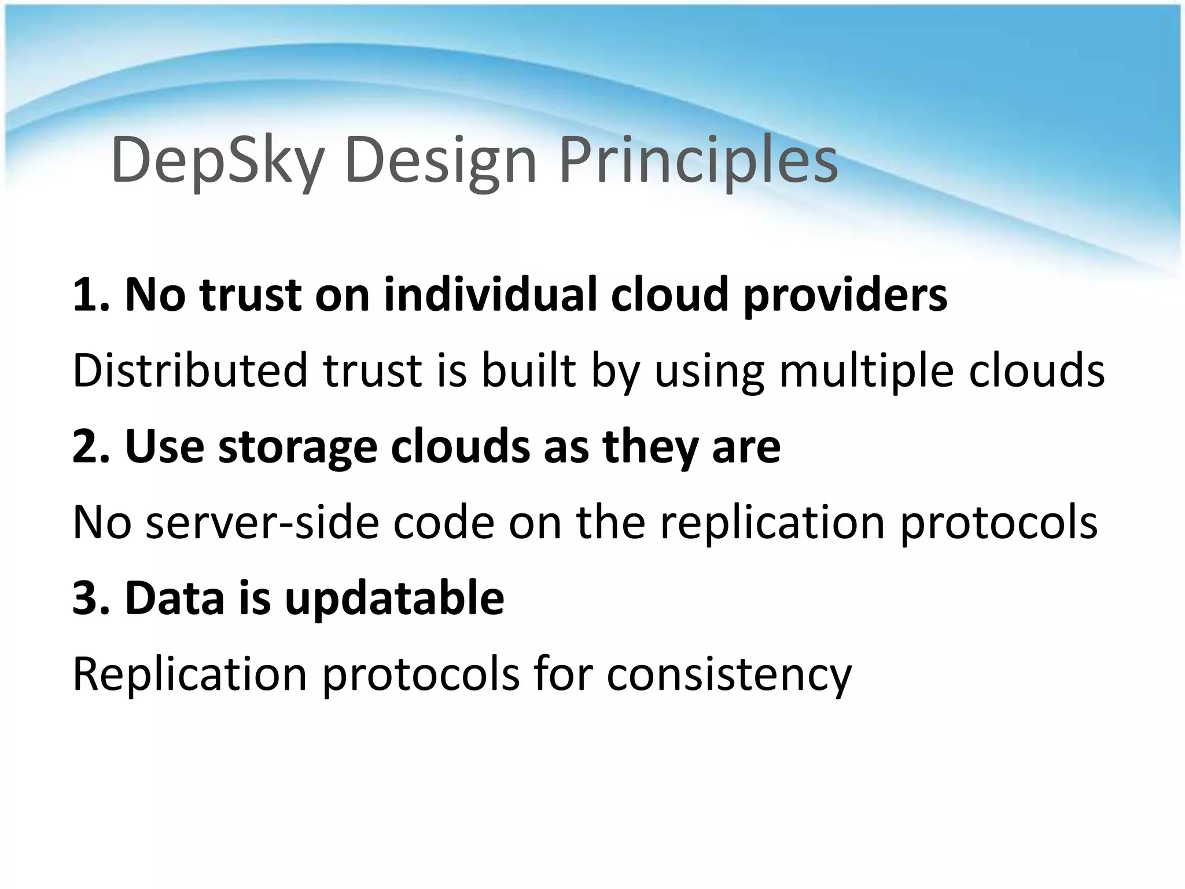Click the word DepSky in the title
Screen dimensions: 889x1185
click(217, 161)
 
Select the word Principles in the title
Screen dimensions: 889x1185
click(698, 161)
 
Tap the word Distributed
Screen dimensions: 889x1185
click(190, 370)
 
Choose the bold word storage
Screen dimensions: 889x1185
click(297, 448)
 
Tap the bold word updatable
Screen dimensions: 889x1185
click(394, 600)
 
